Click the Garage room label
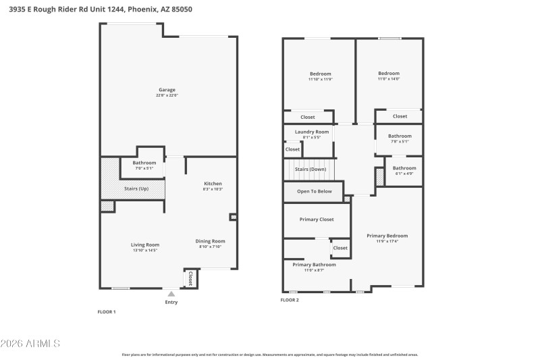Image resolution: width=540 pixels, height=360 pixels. click(x=167, y=90)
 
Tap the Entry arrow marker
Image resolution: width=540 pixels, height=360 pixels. click(x=171, y=294)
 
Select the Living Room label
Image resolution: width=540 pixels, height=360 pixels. click(x=144, y=245)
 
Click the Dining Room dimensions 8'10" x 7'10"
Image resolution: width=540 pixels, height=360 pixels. click(x=211, y=247)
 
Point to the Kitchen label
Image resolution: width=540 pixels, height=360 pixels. click(x=213, y=184)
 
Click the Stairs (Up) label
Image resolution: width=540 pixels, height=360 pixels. click(x=136, y=188)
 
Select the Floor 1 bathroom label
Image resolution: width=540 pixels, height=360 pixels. click(x=144, y=163)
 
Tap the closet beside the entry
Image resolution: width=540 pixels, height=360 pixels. click(x=190, y=278)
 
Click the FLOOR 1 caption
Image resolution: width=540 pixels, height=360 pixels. click(x=107, y=311)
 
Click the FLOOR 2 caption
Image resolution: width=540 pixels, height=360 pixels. click(x=290, y=299)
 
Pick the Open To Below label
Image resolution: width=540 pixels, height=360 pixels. click(x=315, y=191)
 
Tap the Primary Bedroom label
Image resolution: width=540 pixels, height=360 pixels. click(x=387, y=236)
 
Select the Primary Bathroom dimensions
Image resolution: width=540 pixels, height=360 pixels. click(x=314, y=270)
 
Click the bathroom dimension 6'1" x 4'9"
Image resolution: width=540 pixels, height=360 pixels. click(x=404, y=174)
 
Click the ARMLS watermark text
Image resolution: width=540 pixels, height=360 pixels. click(x=31, y=344)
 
